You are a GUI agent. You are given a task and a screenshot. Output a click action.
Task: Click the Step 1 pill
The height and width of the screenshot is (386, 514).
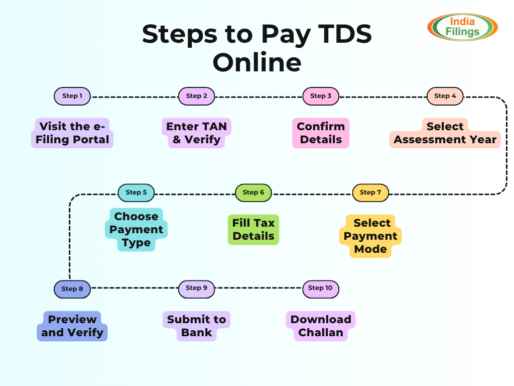point(72,96)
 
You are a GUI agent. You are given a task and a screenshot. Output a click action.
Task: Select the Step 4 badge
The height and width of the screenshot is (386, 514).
point(445,96)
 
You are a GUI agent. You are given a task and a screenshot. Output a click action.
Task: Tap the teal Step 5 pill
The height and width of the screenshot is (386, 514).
point(136,192)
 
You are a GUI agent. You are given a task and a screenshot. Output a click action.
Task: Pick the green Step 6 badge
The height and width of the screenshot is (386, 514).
point(253,192)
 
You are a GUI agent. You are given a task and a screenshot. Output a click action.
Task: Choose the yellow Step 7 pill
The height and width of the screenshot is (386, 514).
point(370,192)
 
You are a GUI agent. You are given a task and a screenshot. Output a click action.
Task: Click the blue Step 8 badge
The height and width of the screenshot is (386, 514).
point(72,289)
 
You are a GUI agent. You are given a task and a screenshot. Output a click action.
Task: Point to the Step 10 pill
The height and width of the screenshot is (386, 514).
point(321,288)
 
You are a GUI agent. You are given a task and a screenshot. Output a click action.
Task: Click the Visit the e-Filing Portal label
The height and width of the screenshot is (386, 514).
point(72,133)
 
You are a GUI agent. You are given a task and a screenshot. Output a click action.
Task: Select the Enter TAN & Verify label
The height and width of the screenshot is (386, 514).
point(196,133)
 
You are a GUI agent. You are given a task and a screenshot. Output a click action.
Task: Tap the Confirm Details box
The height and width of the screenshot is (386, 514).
point(321,133)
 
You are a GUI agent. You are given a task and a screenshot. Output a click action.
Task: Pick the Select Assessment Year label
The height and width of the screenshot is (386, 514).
point(445,133)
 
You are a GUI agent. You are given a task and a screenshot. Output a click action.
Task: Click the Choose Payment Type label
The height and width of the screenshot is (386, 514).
point(136,230)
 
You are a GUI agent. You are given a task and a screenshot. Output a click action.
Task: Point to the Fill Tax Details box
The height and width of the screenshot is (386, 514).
point(253,230)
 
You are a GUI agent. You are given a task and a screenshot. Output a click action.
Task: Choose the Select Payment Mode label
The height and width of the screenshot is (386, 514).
point(370,236)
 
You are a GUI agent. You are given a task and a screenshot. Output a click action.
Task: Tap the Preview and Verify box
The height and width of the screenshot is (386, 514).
point(72,326)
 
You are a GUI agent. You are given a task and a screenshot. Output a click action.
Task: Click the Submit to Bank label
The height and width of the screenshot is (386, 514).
point(196,326)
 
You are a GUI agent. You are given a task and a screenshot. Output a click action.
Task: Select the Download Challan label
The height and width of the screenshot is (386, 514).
point(321,326)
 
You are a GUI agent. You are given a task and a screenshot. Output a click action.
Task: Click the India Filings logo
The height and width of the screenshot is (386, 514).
point(462,27)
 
